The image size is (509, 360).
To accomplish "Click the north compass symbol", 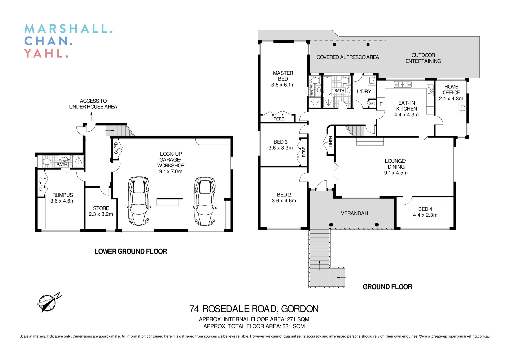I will click(47, 303).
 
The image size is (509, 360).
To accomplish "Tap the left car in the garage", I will click(138, 201).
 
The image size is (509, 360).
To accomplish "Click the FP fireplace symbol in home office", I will click(462, 107).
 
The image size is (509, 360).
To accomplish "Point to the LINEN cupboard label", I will click(331, 142).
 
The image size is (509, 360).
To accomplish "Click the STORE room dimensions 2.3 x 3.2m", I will click(101, 214).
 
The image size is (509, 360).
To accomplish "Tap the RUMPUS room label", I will click(62, 195).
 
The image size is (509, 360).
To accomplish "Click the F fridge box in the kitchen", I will click(381, 104).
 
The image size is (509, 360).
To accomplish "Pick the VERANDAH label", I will click(354, 213).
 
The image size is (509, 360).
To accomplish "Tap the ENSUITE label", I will click(312, 90).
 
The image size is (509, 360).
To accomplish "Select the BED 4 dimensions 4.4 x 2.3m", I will click(425, 215).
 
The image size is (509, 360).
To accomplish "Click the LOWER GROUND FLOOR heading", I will click(130, 252).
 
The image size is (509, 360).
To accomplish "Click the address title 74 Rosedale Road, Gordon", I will click(254, 309).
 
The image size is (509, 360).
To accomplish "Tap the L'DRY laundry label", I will click(364, 91).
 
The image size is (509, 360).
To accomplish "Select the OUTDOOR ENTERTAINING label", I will click(423, 58).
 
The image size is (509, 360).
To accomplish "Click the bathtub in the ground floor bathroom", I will click(327, 86).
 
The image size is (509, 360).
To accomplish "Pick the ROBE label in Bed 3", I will click(304, 152).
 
